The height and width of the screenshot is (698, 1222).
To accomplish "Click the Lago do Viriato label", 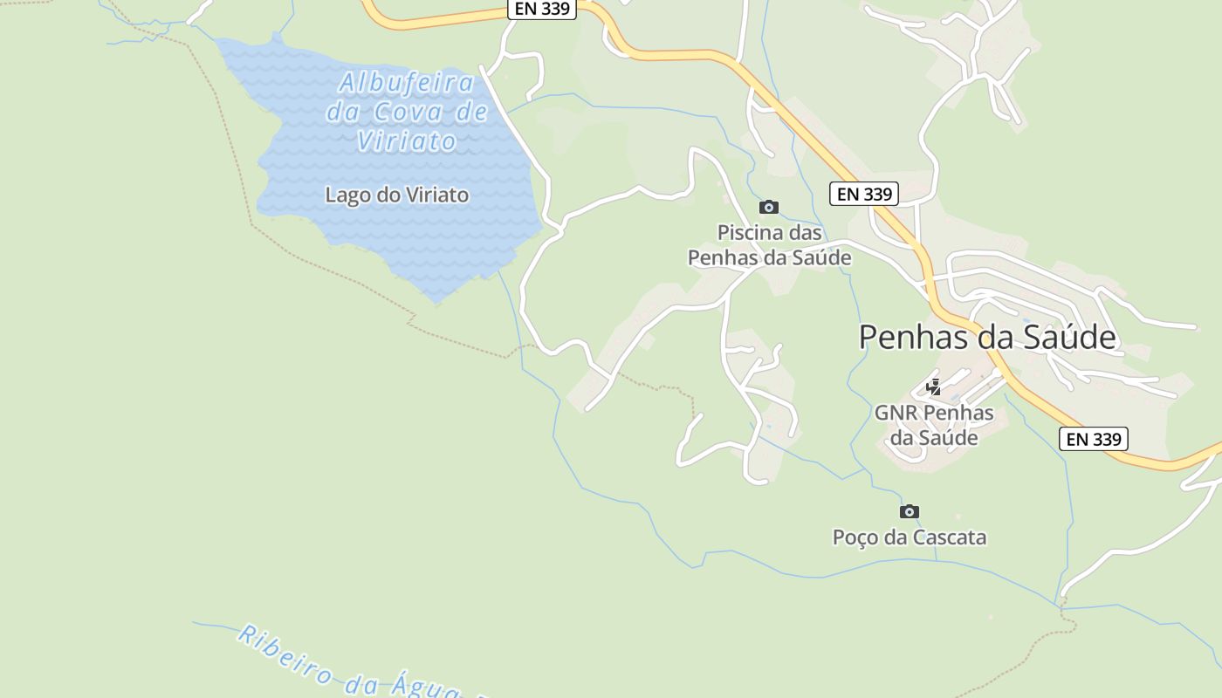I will click(x=396, y=195).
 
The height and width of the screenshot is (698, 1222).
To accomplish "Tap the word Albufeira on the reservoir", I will click(x=407, y=83).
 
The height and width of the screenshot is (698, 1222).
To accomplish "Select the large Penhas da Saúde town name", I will click(x=987, y=337).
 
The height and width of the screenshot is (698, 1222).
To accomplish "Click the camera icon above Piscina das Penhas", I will click(x=768, y=207).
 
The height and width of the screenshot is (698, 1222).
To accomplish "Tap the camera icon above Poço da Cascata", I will click(x=909, y=511).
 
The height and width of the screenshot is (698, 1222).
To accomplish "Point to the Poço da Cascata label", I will click(x=909, y=537).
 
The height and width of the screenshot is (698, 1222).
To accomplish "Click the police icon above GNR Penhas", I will click(x=933, y=387).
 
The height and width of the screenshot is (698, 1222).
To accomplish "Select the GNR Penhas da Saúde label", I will click(x=933, y=424).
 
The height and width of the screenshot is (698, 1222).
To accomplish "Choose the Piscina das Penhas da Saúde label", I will click(x=769, y=245).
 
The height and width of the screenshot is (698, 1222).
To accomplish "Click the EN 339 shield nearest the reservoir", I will click(x=541, y=9).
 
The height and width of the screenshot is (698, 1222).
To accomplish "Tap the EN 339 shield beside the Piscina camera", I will click(x=864, y=194).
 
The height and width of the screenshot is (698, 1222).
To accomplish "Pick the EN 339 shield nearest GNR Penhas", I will click(x=1094, y=439).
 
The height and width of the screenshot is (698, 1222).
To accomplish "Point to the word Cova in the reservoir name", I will click(x=407, y=112).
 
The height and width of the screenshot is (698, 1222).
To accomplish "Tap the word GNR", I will click(x=896, y=412).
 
